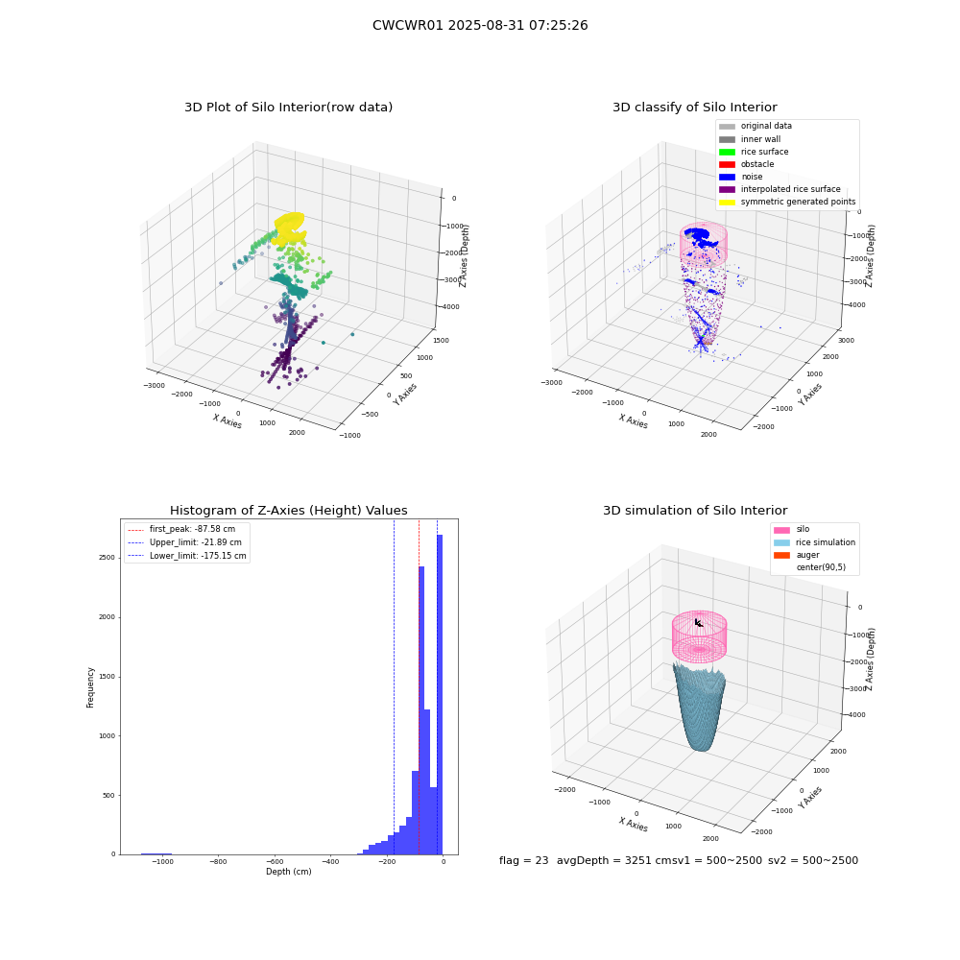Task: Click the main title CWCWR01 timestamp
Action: [480, 25]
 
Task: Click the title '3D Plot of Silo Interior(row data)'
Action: [288, 108]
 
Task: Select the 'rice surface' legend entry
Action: [754, 152]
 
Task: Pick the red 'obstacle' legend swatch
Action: [727, 164]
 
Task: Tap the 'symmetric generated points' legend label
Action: [799, 202]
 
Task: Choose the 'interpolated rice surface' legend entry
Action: [780, 189]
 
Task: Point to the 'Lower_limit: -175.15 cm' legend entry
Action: [187, 556]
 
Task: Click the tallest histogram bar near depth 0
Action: [440, 694]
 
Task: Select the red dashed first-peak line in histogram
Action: [419, 687]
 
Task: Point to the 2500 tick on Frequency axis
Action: [108, 558]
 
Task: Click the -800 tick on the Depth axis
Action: [218, 861]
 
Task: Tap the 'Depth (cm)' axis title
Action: [288, 872]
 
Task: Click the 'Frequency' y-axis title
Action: [90, 687]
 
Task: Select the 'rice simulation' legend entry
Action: [814, 542]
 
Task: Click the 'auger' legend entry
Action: [797, 555]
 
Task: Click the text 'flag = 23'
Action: [523, 860]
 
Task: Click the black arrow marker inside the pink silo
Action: [699, 623]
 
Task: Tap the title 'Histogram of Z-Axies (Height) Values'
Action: [288, 511]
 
